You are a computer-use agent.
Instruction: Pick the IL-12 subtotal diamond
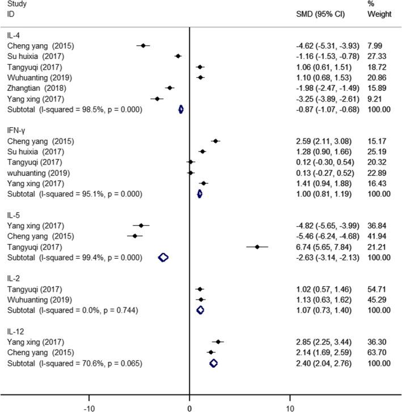click(x=213, y=363)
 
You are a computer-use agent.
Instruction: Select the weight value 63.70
click(x=376, y=352)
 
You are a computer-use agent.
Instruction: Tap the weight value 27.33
click(x=376, y=56)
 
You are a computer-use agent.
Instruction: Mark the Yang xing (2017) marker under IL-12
click(x=218, y=342)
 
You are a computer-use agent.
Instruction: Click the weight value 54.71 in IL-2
click(x=376, y=289)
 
